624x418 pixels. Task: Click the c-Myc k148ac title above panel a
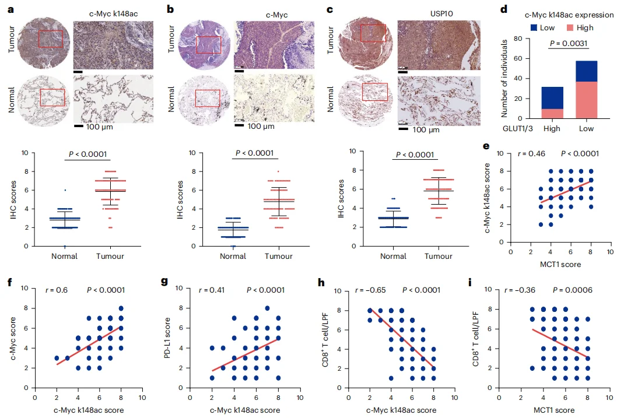[112, 12]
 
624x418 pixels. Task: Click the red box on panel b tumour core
[208, 44]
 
